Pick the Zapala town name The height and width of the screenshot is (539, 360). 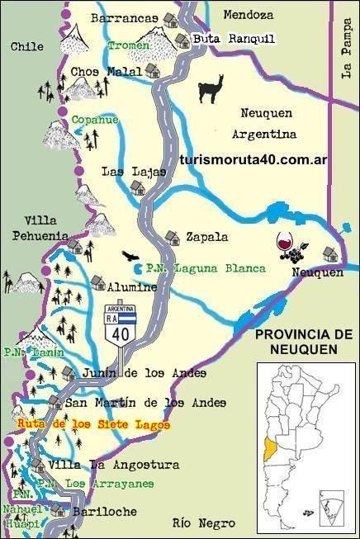coord(207,236)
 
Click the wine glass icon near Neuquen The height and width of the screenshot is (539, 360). coord(284,245)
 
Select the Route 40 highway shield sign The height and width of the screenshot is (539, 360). coord(120,324)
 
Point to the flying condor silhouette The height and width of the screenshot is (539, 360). coord(130,257)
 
